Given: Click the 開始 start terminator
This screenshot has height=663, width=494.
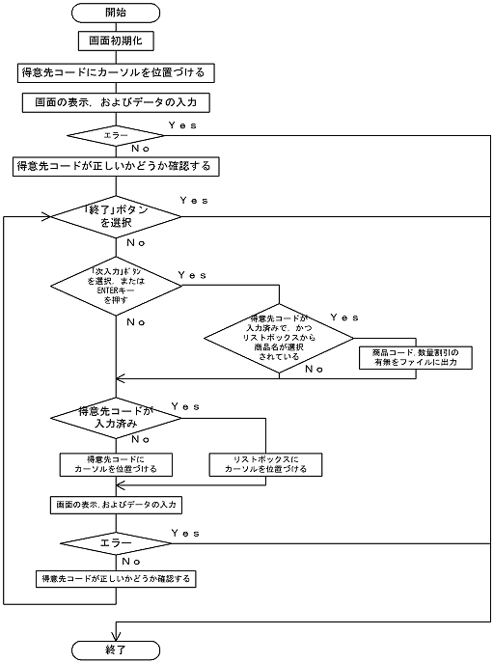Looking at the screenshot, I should (115, 13).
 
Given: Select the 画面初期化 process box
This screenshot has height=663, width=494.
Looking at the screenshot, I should (115, 42).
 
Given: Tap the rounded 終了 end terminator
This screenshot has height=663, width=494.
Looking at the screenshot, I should (115, 650).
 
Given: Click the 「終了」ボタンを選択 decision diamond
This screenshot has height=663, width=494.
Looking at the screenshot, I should (115, 217).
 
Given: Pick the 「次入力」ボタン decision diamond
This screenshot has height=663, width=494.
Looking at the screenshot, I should (115, 286).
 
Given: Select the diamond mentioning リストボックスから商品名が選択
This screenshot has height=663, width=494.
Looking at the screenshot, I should (281, 337).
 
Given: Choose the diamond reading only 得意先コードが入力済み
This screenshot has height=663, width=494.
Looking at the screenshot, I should (115, 417).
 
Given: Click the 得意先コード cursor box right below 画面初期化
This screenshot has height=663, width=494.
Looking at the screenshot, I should (115, 72).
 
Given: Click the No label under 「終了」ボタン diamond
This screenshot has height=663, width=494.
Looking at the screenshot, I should (136, 243).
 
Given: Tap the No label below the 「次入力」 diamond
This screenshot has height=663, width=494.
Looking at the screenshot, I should (136, 321).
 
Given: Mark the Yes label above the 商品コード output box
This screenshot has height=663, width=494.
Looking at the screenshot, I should (344, 318).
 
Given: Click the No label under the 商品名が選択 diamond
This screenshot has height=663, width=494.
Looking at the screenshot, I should (315, 369).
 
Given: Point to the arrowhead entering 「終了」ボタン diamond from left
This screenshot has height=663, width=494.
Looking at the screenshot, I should (46, 217).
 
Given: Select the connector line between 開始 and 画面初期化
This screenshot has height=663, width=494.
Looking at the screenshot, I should (115, 27).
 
